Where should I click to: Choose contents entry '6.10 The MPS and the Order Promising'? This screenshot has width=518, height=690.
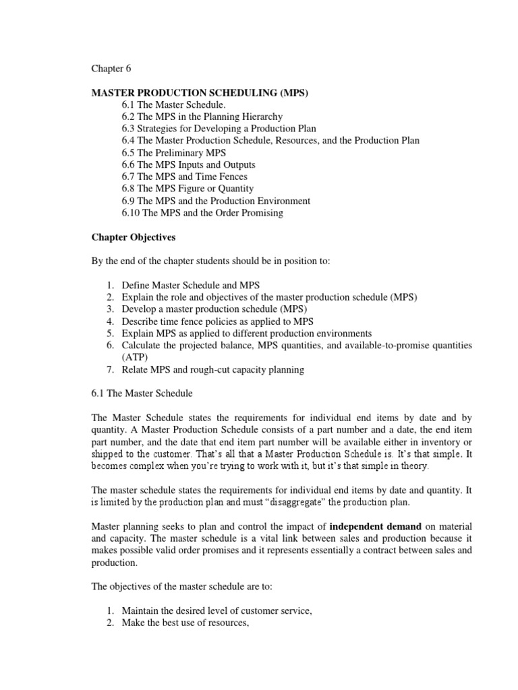point(202,213)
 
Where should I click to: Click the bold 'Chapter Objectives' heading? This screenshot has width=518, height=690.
point(133,237)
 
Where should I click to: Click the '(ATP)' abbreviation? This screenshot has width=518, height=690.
point(134,357)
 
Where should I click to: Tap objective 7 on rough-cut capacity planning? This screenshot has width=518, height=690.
point(213,369)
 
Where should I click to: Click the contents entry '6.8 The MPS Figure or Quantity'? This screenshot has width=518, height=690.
point(188,189)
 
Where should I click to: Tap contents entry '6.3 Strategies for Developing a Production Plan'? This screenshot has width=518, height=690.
point(219,128)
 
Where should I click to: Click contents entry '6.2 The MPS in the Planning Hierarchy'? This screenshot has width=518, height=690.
point(202,117)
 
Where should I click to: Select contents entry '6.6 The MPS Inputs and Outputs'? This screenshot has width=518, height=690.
point(189,164)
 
